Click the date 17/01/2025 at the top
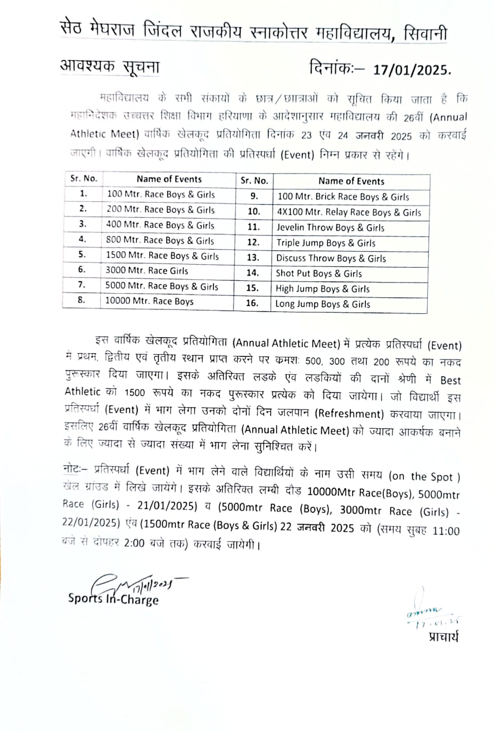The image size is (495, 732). pyautogui.click(x=411, y=70)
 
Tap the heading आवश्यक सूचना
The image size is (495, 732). pyautogui.click(x=110, y=67)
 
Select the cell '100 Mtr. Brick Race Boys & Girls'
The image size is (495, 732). pyautogui.click(x=343, y=197)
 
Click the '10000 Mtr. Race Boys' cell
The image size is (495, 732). pyautogui.click(x=149, y=301)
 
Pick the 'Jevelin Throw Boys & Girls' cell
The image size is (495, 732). pyautogui.click(x=331, y=228)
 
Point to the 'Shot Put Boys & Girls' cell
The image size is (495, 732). pyautogui.click(x=319, y=273)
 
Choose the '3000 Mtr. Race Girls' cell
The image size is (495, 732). pyautogui.click(x=147, y=271)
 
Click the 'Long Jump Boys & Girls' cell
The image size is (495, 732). pyautogui.click(x=323, y=304)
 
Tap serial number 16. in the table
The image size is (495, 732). pyautogui.click(x=252, y=303)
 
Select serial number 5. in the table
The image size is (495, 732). pyautogui.click(x=82, y=255)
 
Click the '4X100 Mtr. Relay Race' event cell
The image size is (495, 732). pyautogui.click(x=349, y=212)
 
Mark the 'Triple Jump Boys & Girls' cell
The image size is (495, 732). pyautogui.click(x=326, y=243)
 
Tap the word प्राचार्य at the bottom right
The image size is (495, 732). pyautogui.click(x=443, y=637)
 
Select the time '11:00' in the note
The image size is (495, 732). pyautogui.click(x=446, y=531)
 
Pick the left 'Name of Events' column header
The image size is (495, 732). pyautogui.click(x=169, y=179)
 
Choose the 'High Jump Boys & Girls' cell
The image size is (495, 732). pyautogui.click(x=323, y=289)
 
